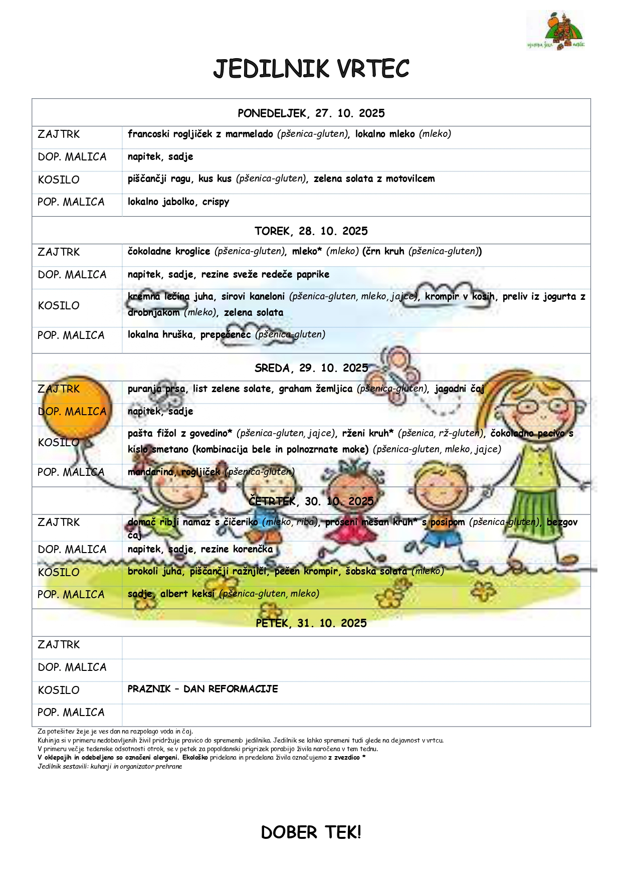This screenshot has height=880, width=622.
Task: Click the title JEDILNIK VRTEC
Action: [311, 69]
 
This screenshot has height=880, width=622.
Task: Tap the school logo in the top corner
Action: [556, 31]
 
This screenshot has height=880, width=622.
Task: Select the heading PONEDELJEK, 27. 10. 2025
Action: [311, 113]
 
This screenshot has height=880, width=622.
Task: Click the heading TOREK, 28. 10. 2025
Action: [311, 231]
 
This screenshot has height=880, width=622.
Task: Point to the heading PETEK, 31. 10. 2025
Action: [311, 623]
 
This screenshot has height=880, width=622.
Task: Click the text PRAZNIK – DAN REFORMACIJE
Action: [202, 689]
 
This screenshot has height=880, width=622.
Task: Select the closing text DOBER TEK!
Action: [311, 832]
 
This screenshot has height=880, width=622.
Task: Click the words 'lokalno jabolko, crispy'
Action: [178, 202]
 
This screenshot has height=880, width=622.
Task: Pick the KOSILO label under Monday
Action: [59, 180]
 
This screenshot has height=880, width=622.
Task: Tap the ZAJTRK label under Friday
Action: [59, 645]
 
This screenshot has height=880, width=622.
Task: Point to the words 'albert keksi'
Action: [187, 594]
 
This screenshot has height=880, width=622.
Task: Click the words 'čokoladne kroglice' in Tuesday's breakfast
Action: [169, 251]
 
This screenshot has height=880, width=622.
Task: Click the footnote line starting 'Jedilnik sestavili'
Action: [110, 766]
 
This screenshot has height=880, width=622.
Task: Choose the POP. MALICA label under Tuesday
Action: [71, 335]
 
